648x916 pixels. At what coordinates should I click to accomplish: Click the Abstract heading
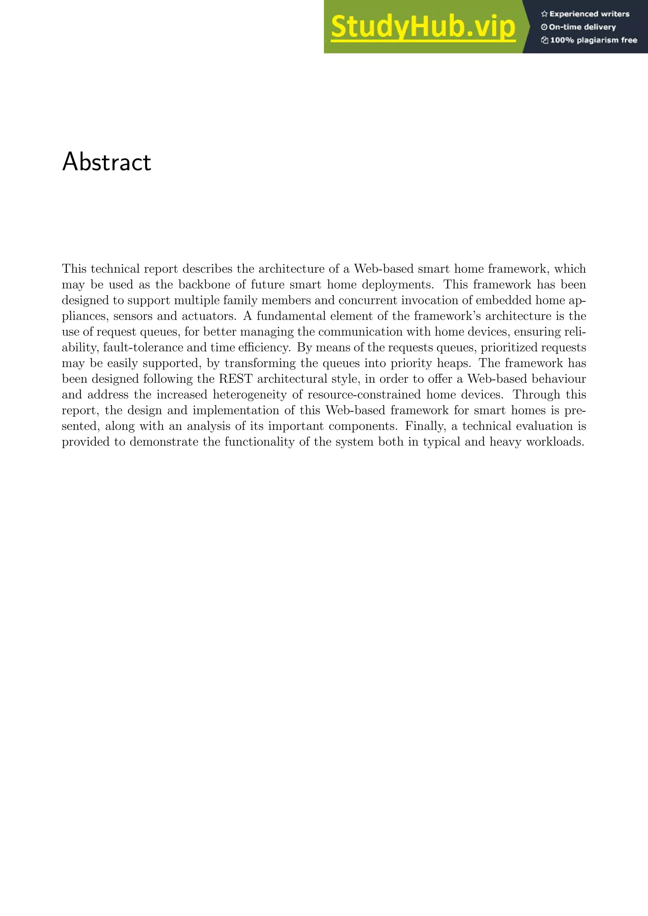(x=107, y=162)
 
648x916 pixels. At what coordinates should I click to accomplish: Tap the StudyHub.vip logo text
(x=423, y=27)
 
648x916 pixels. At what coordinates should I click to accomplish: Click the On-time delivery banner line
(x=582, y=27)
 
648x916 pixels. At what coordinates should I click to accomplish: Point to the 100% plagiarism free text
(x=593, y=40)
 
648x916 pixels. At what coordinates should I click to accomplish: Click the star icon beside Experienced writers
(x=544, y=14)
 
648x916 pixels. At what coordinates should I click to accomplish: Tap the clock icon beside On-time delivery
(x=544, y=27)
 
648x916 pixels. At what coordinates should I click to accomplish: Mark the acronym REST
(x=235, y=379)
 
